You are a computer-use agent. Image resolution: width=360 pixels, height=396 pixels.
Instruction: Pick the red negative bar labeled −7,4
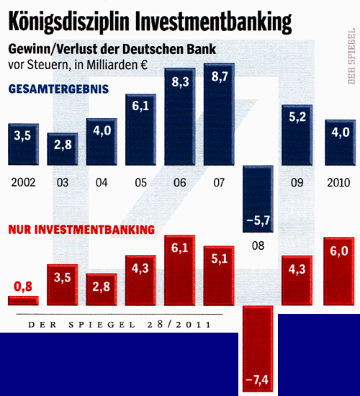click(258, 349)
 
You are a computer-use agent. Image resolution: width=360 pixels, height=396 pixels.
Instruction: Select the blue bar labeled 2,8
click(63, 149)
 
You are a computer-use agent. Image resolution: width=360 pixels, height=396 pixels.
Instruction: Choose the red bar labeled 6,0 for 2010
click(338, 270)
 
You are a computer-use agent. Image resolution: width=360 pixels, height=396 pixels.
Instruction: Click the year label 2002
click(23, 183)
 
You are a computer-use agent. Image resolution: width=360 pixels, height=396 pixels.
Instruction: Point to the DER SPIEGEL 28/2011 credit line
click(120, 325)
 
